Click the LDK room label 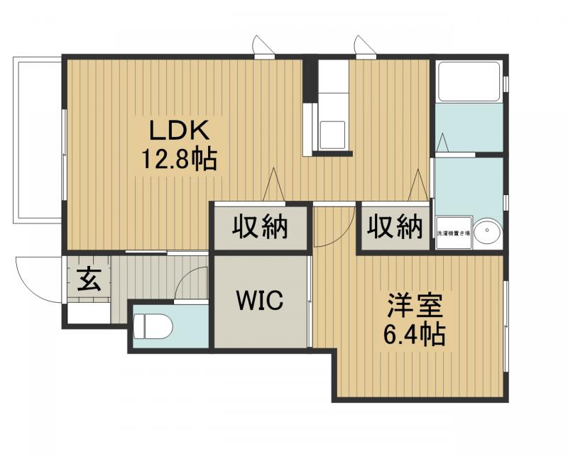(177, 131)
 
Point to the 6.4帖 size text (415, 333)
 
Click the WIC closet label (260, 301)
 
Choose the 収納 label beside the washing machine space (395, 228)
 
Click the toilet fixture (153, 327)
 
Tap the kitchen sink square (332, 134)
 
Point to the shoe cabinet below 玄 (89, 312)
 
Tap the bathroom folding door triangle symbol (442, 144)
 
